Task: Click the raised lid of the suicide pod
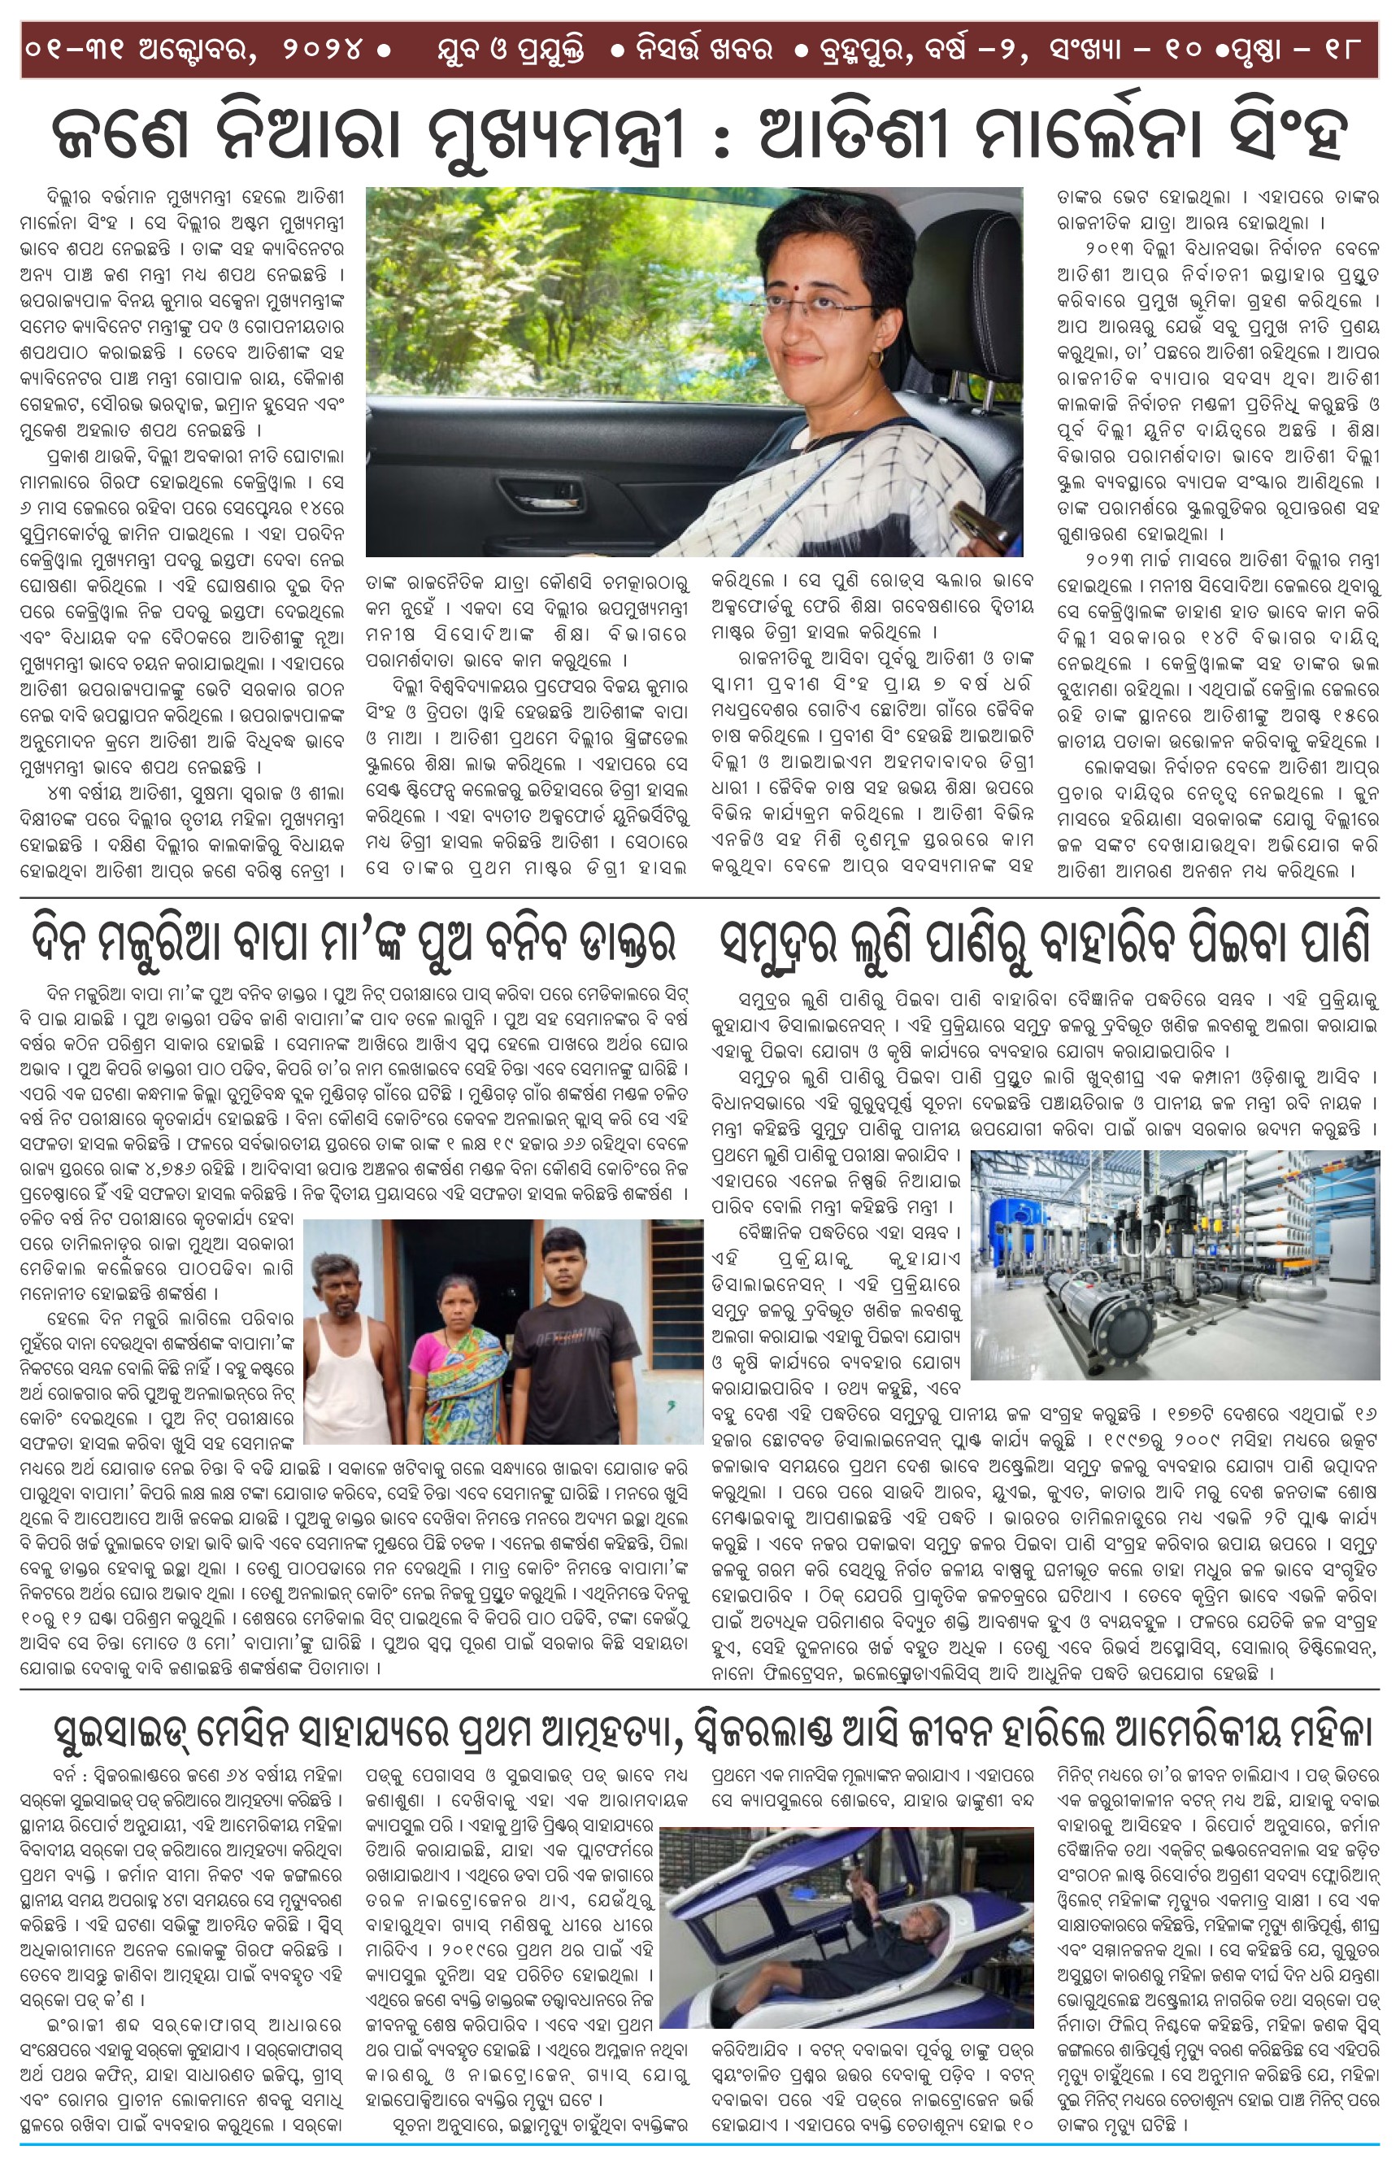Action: tap(754, 1863)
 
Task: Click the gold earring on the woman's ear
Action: tap(875, 360)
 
